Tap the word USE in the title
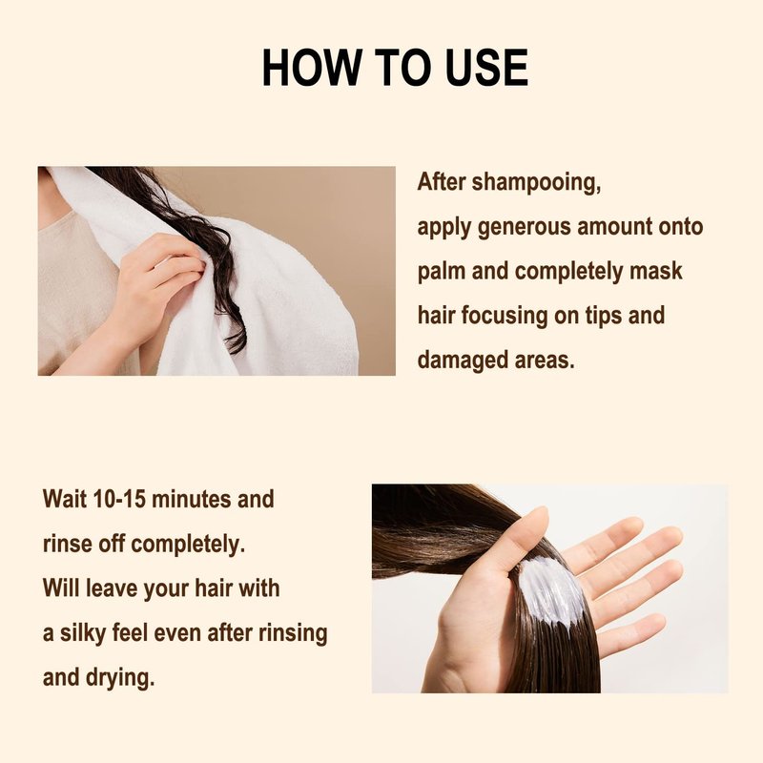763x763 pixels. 486,67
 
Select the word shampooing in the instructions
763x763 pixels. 536,183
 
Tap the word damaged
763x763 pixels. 456,361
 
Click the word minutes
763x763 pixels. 192,499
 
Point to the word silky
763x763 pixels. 83,634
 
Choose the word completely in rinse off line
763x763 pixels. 188,545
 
